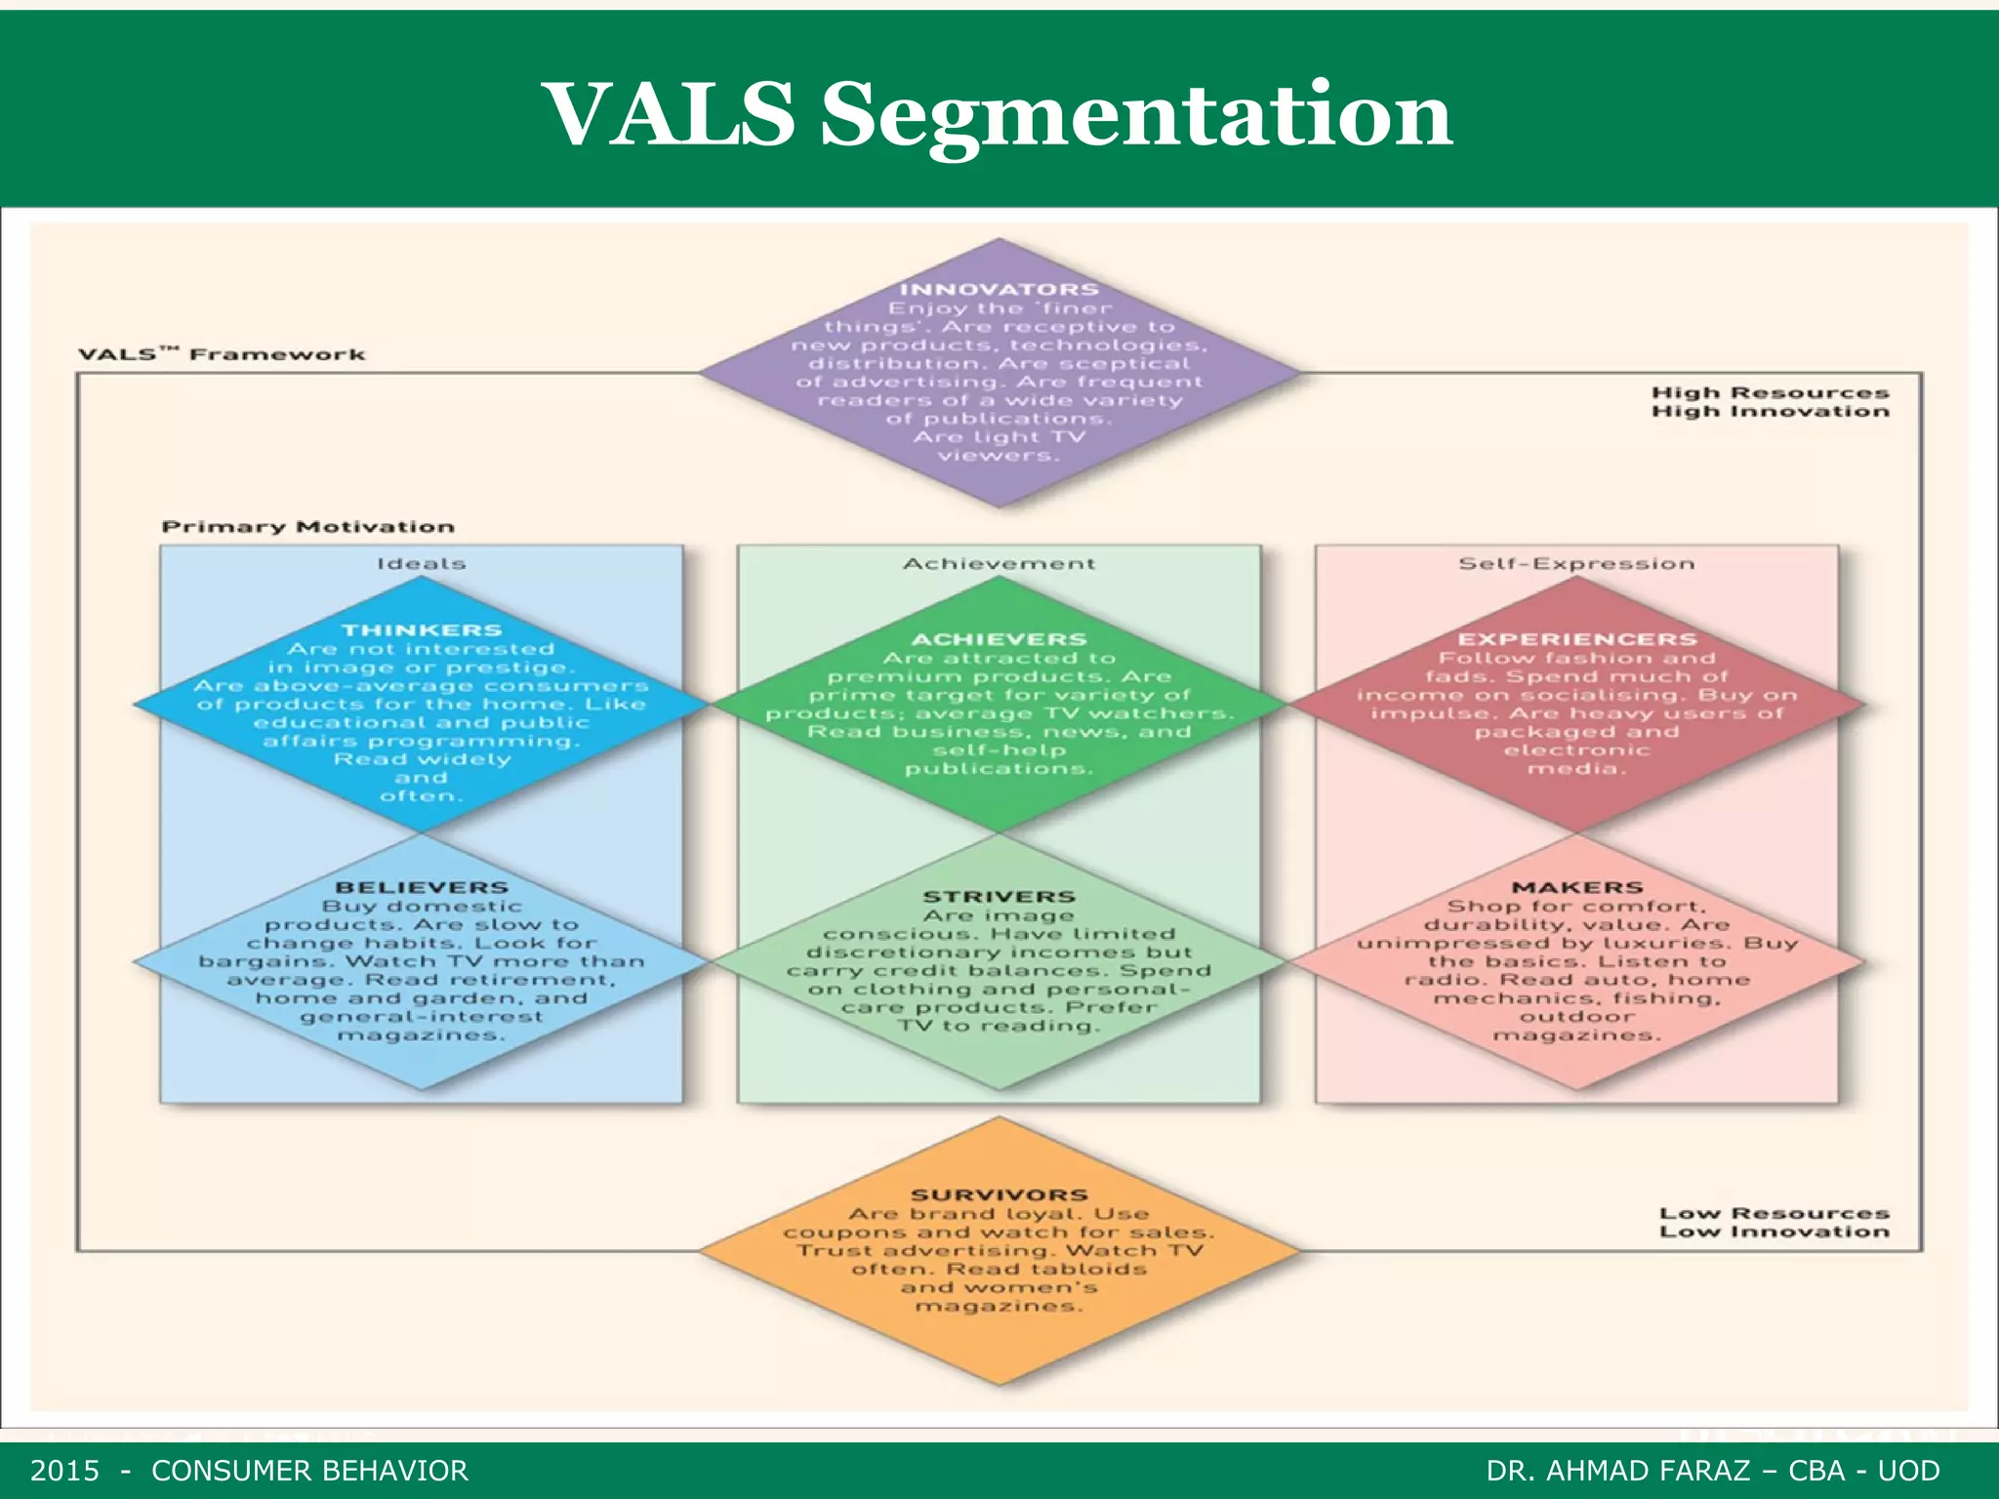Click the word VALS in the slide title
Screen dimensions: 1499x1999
(x=673, y=115)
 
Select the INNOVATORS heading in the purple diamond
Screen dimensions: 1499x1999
(x=999, y=289)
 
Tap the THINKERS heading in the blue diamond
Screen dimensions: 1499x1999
(x=421, y=630)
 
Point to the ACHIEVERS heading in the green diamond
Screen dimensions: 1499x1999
(x=999, y=639)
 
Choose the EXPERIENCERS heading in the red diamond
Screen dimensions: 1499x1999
(x=1576, y=639)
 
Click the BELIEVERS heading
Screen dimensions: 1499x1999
(x=421, y=887)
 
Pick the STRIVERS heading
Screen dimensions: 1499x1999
(x=999, y=896)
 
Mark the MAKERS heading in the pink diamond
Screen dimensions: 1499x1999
(x=1576, y=887)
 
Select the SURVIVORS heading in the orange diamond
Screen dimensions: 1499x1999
(x=999, y=1195)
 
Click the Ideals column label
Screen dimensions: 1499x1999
(x=421, y=563)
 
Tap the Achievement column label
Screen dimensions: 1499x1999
(x=999, y=563)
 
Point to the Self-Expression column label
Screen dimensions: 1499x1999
(x=1576, y=563)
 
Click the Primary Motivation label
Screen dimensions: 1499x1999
(x=307, y=527)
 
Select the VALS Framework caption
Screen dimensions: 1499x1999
(x=222, y=353)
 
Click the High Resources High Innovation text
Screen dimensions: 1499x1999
(x=1770, y=401)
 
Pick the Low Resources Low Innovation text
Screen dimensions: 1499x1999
(x=1774, y=1222)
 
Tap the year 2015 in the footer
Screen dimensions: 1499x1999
(x=64, y=1471)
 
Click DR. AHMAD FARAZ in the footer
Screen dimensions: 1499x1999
(x=1617, y=1471)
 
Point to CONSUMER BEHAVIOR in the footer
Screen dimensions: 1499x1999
(x=309, y=1471)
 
